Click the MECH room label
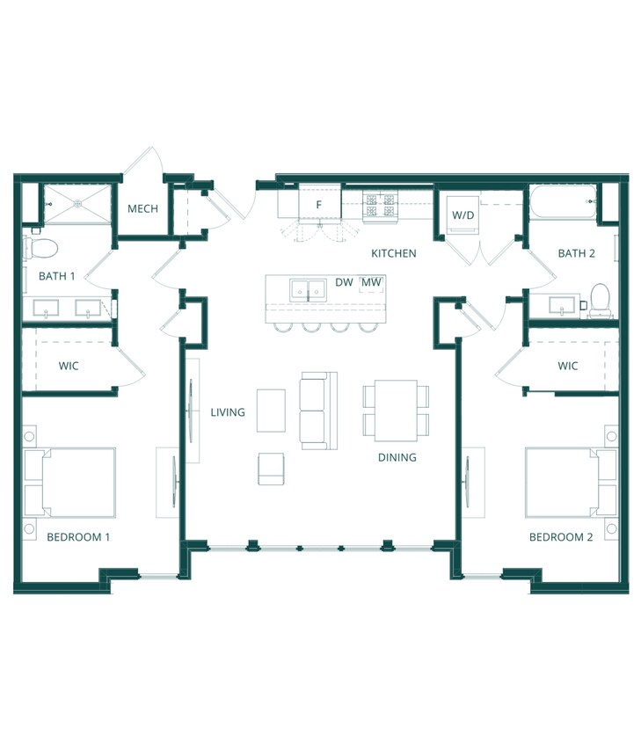(x=142, y=208)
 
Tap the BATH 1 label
(x=57, y=276)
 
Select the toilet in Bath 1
(x=40, y=248)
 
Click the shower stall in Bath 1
(x=77, y=204)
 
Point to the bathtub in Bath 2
(x=562, y=202)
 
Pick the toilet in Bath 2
(x=600, y=300)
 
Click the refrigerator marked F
(x=319, y=204)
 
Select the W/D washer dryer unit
(x=463, y=215)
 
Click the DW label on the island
(x=344, y=282)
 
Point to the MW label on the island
(x=372, y=282)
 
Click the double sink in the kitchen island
(x=308, y=289)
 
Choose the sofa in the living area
(x=318, y=411)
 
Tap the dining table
(x=396, y=411)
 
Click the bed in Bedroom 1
(x=70, y=482)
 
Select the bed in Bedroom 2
(x=571, y=482)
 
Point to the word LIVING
(x=228, y=412)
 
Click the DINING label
(x=397, y=457)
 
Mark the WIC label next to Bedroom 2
(x=568, y=366)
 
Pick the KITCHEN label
(x=394, y=254)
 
